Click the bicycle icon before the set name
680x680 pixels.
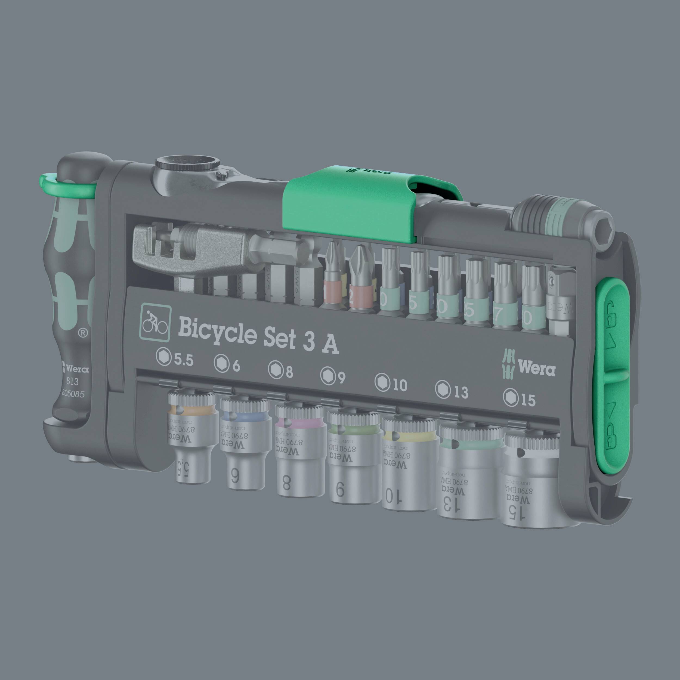156,323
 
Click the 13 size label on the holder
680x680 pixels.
452,391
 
